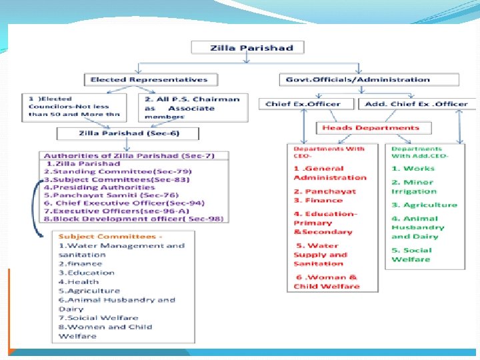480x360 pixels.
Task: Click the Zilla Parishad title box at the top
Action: (x=247, y=47)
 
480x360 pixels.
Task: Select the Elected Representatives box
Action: (x=149, y=79)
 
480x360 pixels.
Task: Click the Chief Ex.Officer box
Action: (x=303, y=104)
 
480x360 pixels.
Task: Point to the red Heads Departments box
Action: (x=371, y=128)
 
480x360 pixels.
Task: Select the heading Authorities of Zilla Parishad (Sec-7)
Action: (x=119, y=155)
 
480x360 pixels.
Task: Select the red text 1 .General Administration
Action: (x=330, y=173)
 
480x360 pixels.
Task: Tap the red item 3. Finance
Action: (x=319, y=200)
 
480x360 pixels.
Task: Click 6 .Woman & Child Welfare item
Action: (x=327, y=281)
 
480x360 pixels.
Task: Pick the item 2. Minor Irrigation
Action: (x=413, y=187)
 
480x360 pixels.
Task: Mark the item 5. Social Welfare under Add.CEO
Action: (x=411, y=255)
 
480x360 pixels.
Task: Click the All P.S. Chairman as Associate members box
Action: (x=192, y=107)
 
